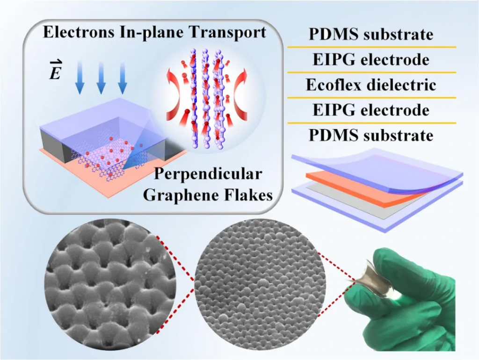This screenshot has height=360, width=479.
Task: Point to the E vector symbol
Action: pos(55,72)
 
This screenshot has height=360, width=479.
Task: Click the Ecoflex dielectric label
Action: pos(370,85)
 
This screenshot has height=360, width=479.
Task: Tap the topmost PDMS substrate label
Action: pos(370,35)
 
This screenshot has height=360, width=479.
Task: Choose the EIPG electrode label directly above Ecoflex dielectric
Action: pos(370,60)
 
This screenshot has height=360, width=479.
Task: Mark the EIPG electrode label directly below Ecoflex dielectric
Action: pos(370,110)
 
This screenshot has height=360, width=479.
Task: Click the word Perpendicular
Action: pos(208,174)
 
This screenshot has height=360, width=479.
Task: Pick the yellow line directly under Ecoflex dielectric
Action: pos(370,98)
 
